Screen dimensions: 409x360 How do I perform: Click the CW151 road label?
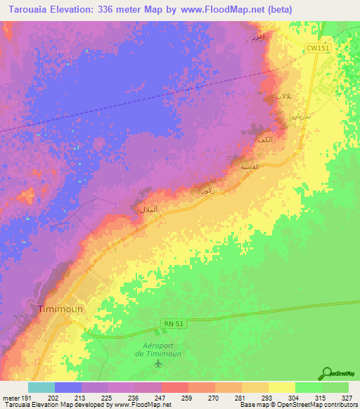point(317,48)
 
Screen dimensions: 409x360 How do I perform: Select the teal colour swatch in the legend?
point(41,387)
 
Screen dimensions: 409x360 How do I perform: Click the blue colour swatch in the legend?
point(67,387)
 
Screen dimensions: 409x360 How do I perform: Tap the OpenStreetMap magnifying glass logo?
point(328,373)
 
